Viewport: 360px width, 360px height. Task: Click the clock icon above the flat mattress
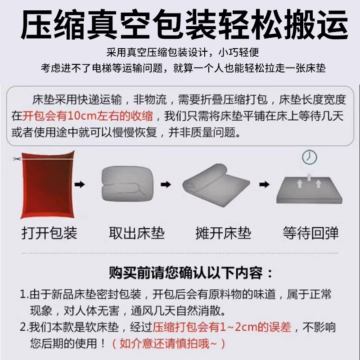tap(310, 157)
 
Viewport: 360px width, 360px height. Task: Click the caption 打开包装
tap(49, 233)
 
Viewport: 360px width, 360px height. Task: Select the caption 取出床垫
tap(137, 233)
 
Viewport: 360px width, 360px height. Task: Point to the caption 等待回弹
tap(310, 233)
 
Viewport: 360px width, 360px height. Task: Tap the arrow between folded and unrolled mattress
tap(166, 184)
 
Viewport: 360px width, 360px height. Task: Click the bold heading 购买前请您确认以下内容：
tap(191, 273)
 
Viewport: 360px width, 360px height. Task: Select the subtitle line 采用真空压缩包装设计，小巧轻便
tap(183, 53)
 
